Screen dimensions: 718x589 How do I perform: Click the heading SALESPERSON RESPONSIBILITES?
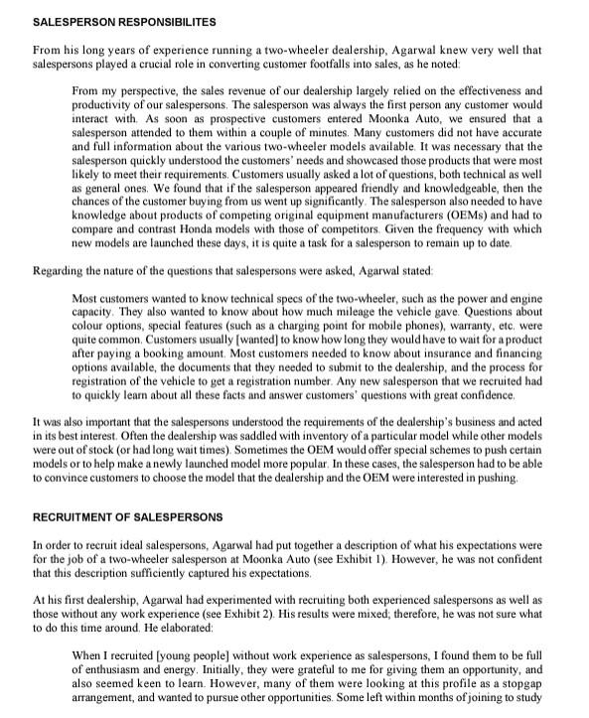point(125,21)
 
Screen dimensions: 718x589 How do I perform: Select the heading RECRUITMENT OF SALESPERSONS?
point(127,517)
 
